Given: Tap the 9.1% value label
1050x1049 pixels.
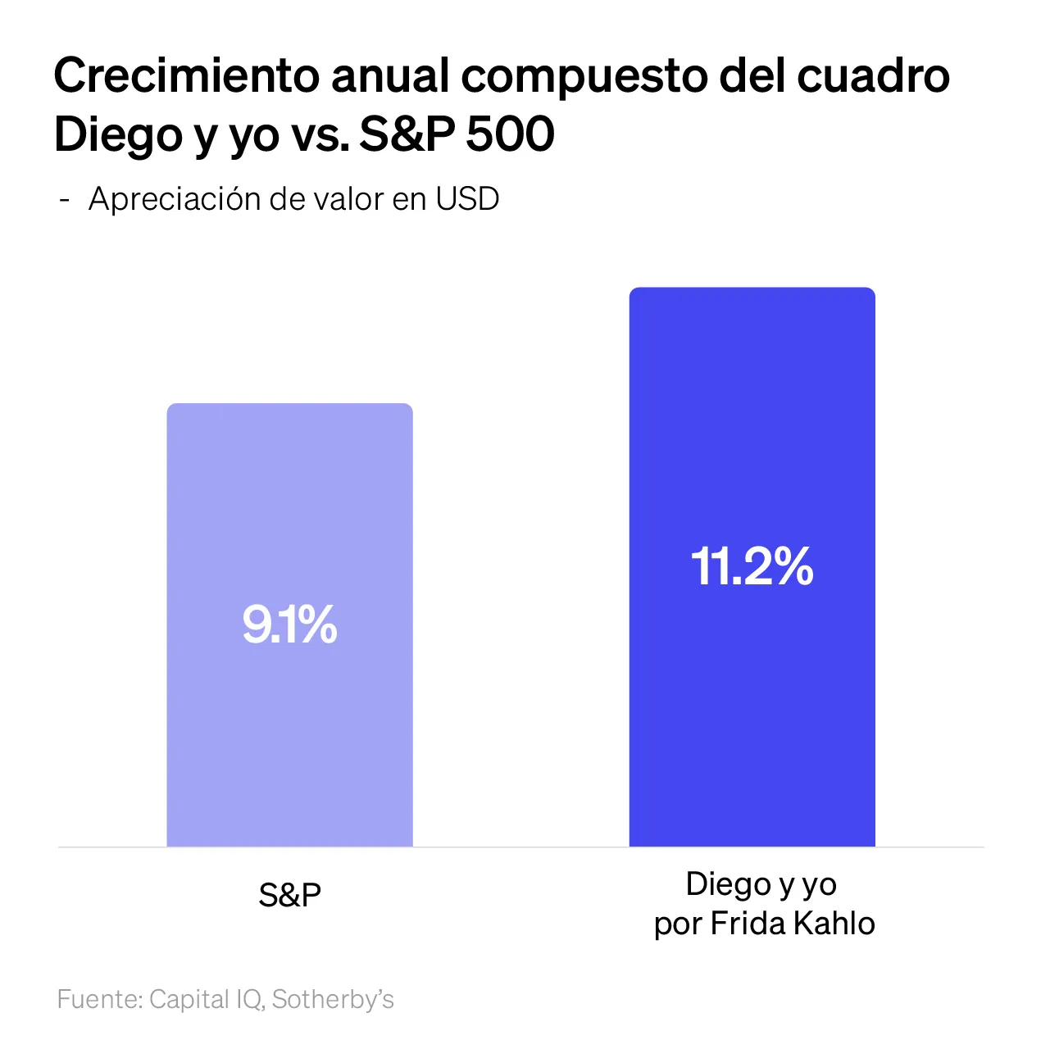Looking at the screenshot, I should [x=289, y=624].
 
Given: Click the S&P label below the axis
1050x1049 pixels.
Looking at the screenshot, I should [x=289, y=895].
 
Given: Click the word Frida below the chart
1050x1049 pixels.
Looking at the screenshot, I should [x=744, y=924].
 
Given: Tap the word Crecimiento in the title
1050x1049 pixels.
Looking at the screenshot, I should [x=186, y=76].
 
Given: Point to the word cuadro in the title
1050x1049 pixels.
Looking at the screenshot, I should [x=873, y=76].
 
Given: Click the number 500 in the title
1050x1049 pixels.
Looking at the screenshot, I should [x=510, y=134].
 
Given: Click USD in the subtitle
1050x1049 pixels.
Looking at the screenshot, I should [x=467, y=199].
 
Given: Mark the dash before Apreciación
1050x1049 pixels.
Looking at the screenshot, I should [x=65, y=199].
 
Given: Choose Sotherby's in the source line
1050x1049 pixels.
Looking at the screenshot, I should [x=333, y=1000].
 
